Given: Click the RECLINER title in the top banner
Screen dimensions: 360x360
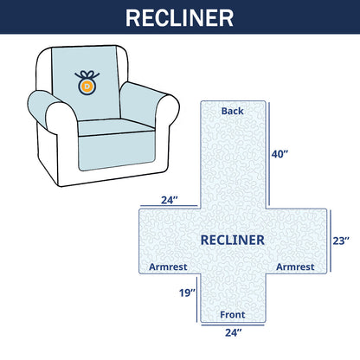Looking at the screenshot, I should (x=180, y=18).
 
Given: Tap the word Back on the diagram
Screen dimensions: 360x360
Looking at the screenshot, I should (x=232, y=112).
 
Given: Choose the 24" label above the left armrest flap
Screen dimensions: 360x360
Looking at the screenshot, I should (x=170, y=199).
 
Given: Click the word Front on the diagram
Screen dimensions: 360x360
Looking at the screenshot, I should (x=231, y=315).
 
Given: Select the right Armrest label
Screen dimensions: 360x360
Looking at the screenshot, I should (x=295, y=267).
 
